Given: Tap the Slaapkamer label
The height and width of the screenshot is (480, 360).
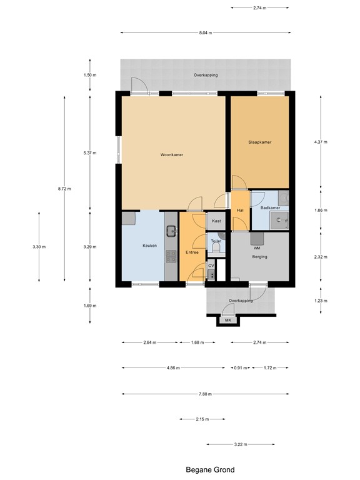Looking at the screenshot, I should [259, 142].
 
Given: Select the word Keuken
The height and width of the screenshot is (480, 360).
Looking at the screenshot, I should [149, 246].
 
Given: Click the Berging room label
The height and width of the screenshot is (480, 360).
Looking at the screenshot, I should [259, 257].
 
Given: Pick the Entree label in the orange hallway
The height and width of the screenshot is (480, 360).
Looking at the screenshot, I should [192, 252].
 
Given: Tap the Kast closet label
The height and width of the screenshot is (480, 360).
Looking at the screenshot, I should [216, 221].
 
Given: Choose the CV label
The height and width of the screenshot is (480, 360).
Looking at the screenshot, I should [211, 266].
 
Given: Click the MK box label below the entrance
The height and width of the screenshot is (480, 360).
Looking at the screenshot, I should [227, 321].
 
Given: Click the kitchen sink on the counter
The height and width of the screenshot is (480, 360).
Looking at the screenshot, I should [171, 232].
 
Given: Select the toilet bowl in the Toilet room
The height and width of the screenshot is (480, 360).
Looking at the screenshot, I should [216, 249].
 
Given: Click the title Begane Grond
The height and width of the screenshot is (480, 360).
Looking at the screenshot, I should [210, 469].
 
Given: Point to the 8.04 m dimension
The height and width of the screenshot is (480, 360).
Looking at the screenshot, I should [205, 33].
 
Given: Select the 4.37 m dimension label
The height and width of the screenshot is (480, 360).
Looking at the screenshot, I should [321, 142].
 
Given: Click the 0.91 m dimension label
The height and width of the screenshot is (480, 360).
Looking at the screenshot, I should [239, 368].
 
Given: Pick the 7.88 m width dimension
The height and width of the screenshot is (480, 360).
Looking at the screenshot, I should [205, 394].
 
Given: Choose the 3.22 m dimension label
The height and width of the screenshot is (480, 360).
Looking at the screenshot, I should [240, 445].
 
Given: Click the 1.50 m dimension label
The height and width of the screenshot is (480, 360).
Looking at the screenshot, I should [90, 75].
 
